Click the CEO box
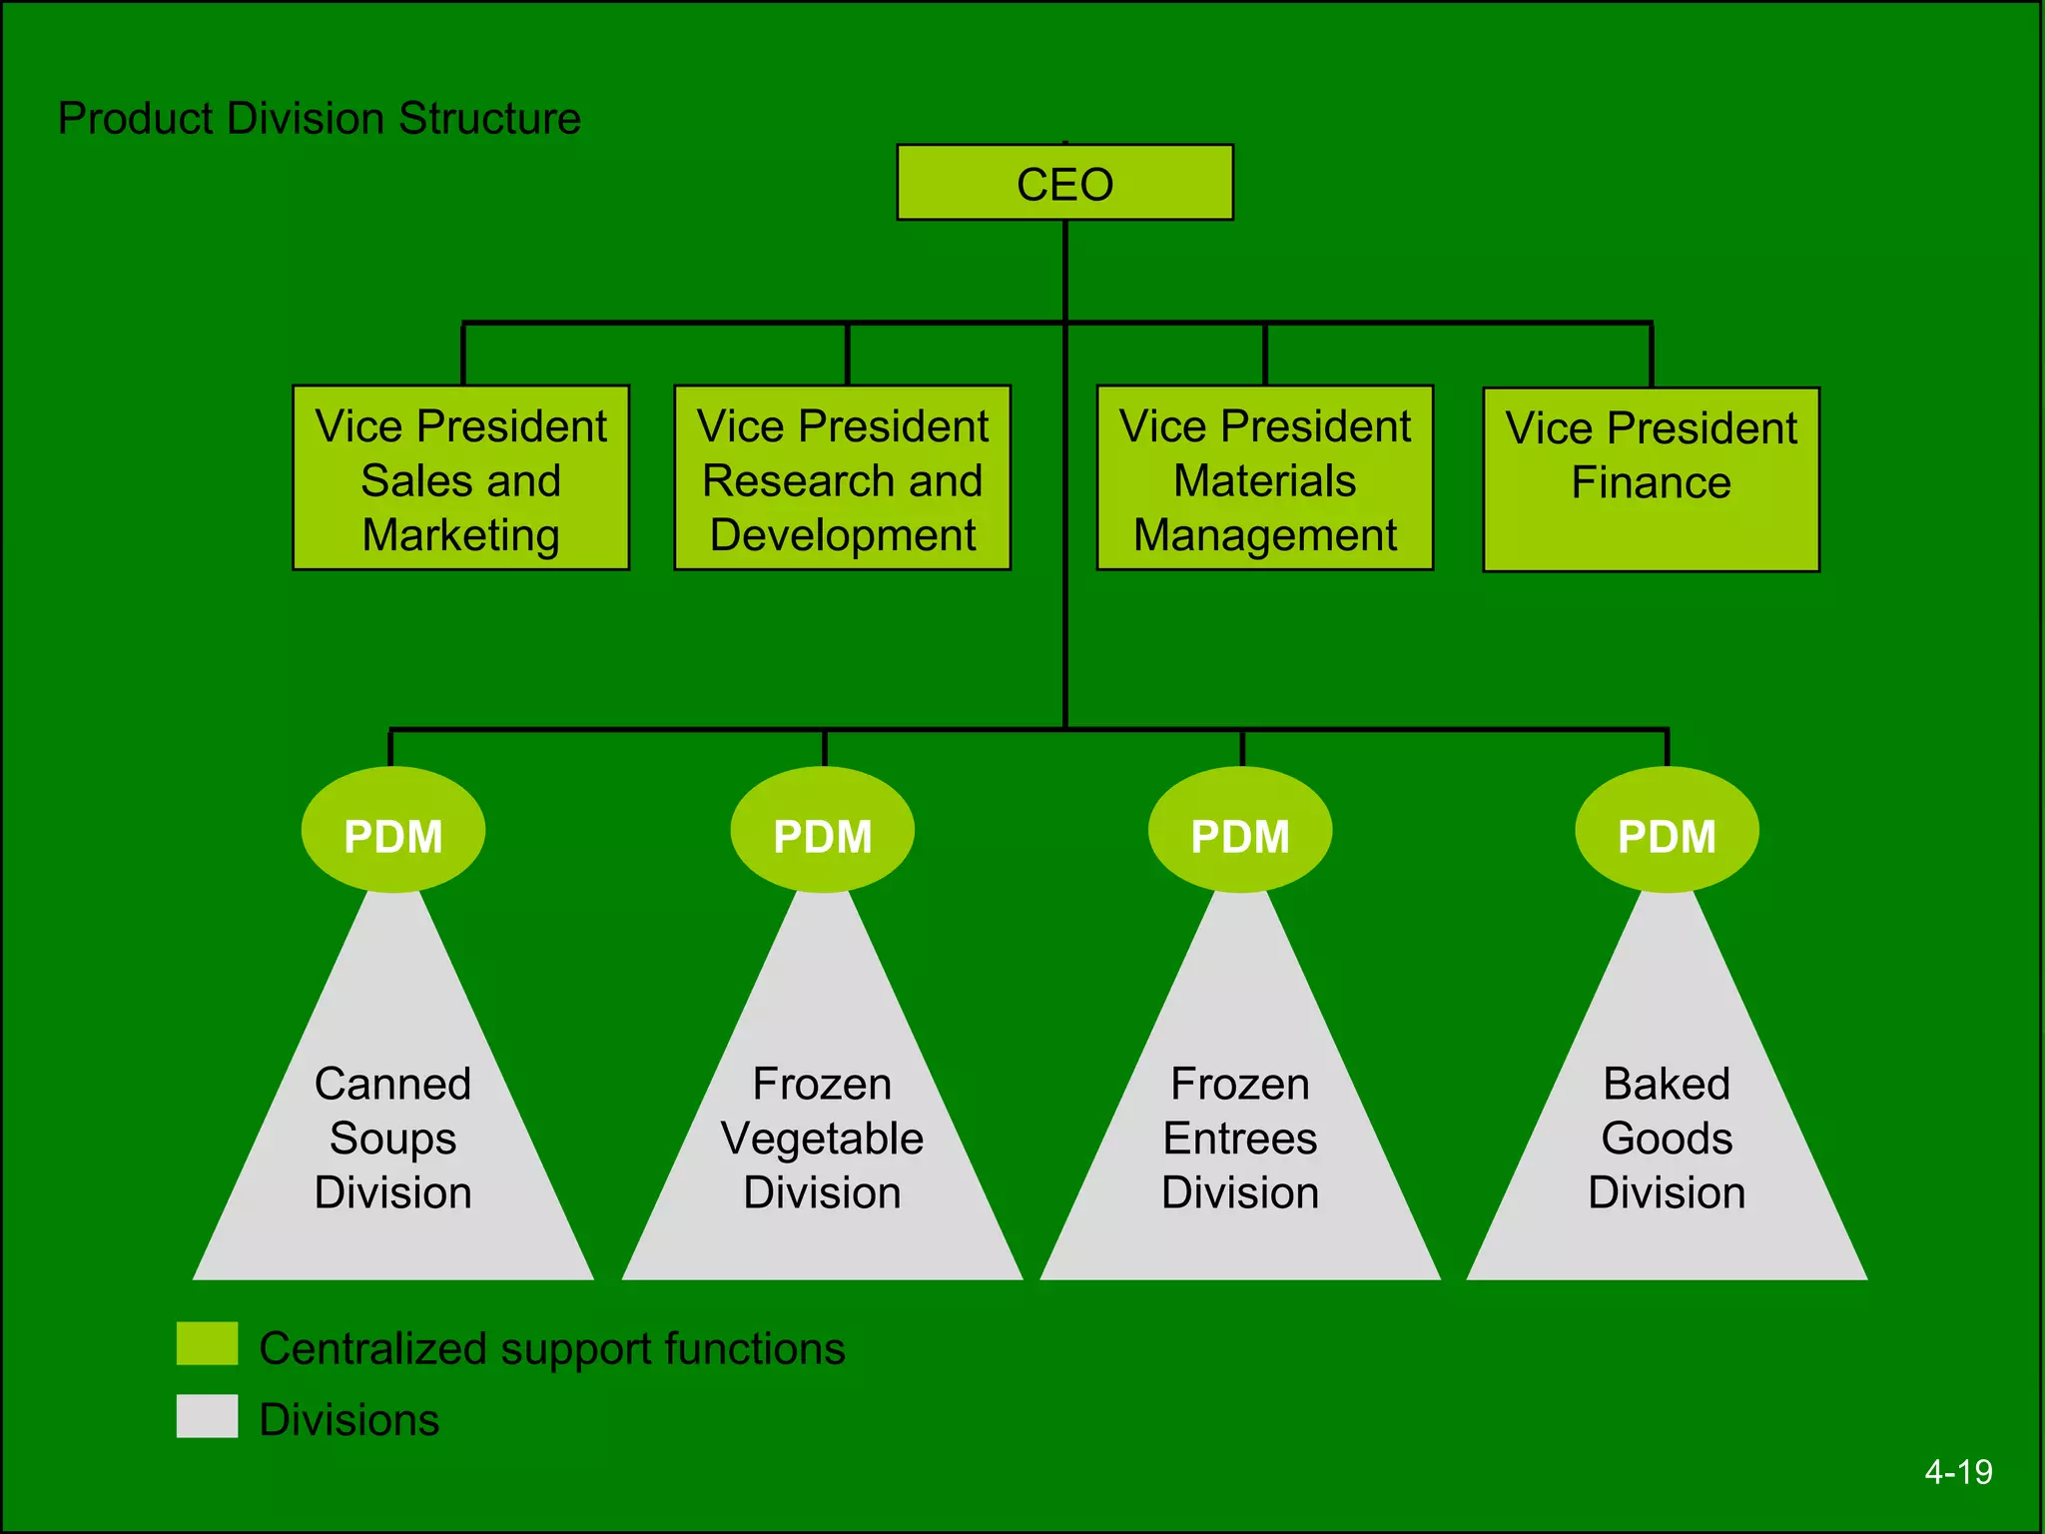[x=1064, y=183]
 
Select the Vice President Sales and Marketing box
[x=460, y=477]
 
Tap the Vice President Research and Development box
[x=842, y=477]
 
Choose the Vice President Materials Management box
[x=1264, y=477]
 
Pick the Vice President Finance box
[x=1651, y=479]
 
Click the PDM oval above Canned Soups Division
[x=392, y=831]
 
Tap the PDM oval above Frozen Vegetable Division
[x=822, y=831]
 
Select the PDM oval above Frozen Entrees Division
[x=1239, y=831]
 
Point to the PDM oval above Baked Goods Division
[x=1667, y=831]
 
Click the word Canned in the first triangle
[x=392, y=1084]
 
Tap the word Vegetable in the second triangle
[x=822, y=1139]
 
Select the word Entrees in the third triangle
[x=1239, y=1139]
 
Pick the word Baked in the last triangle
[x=1667, y=1084]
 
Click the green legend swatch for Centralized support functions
[x=207, y=1343]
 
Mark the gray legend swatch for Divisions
[x=207, y=1415]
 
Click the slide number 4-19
[x=1957, y=1472]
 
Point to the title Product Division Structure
[x=319, y=118]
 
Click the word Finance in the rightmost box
[x=1651, y=482]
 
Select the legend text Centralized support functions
[x=551, y=1348]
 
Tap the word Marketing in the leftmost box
[x=460, y=535]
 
